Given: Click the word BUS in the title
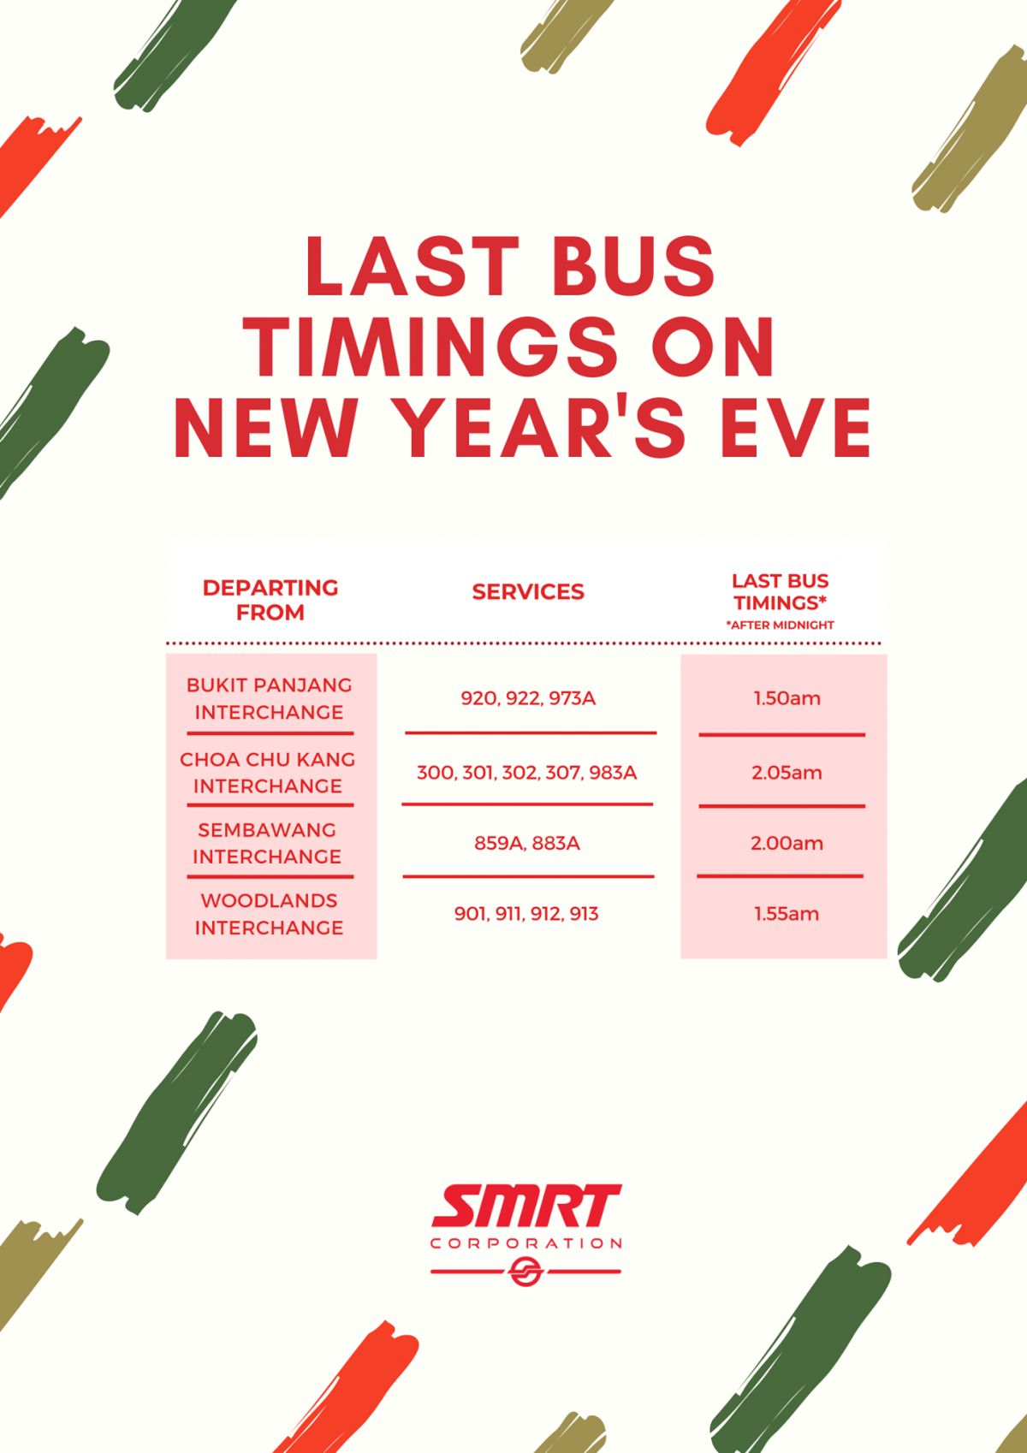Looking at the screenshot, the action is tap(634, 266).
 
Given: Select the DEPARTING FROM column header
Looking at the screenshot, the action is tap(270, 599).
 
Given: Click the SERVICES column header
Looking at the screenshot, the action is tap(528, 591).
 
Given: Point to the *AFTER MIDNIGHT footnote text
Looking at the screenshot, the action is tap(780, 626).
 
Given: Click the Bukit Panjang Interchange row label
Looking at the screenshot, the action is tap(270, 698).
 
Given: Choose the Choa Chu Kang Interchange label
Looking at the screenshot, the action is tap(268, 773).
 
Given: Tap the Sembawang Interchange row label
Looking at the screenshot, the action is tap(267, 843).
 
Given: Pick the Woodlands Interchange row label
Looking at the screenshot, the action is tap(270, 914).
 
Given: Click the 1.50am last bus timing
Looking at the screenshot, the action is tap(787, 698).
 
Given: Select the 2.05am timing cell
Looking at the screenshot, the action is tap(787, 773).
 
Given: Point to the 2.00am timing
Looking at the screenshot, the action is tap(787, 843).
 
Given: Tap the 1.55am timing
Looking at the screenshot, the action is tap(787, 914).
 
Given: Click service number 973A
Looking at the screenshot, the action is tap(573, 698).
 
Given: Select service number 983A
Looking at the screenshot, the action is tap(613, 774).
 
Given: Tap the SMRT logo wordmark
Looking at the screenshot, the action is tap(526, 1206).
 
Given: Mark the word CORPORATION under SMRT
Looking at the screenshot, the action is tap(526, 1243).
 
